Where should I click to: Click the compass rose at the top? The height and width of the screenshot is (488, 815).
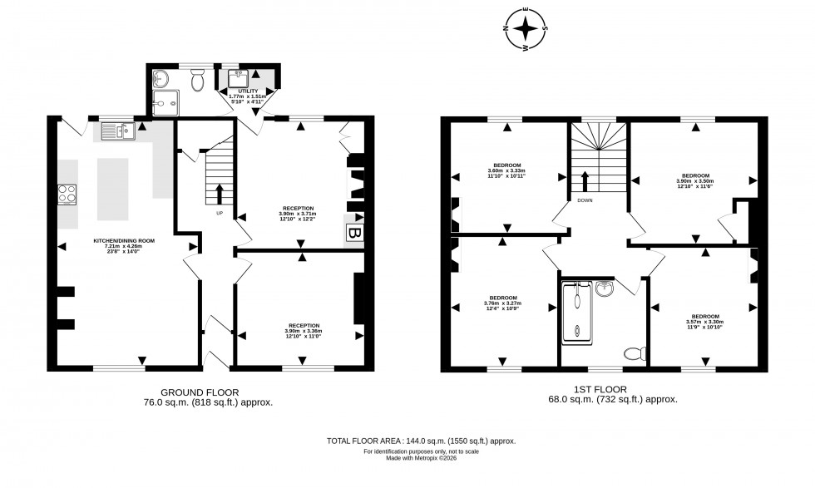tap(525, 29)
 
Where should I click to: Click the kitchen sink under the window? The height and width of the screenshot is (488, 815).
tap(117, 131)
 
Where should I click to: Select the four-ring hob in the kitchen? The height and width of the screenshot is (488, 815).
tap(67, 195)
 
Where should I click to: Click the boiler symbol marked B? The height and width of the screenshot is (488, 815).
tap(354, 232)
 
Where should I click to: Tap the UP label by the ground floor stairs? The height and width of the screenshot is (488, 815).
tap(220, 213)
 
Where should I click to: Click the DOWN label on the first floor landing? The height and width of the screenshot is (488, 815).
tap(585, 200)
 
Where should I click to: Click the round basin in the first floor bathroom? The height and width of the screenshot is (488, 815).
tap(605, 288)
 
